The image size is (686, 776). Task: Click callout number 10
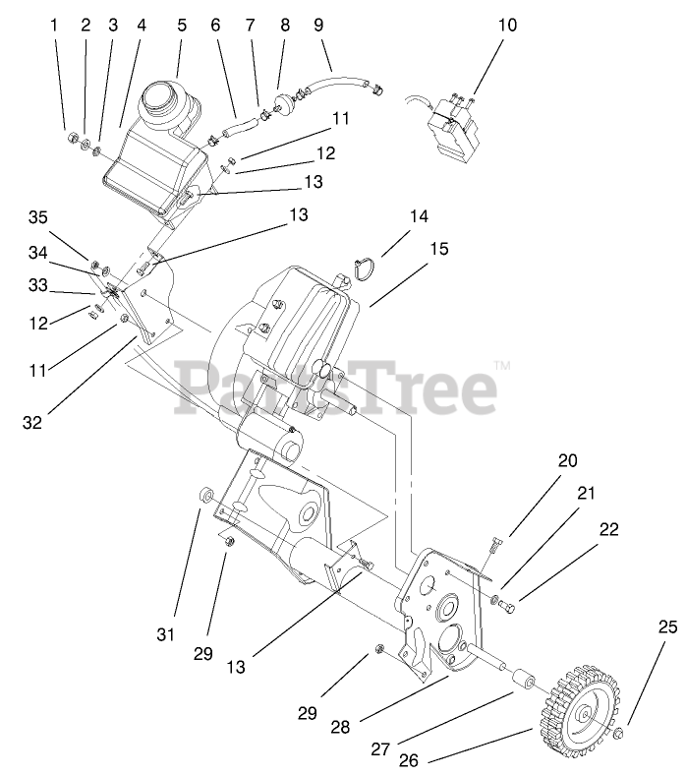[x=507, y=26]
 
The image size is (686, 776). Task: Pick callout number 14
[x=420, y=215]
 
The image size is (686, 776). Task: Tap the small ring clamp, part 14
[x=365, y=267]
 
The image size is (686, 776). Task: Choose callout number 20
[x=568, y=460]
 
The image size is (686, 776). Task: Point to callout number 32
[x=33, y=423]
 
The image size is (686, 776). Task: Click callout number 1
[x=54, y=26]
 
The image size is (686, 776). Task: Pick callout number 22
[x=609, y=530]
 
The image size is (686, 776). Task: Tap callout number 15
[x=438, y=249]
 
